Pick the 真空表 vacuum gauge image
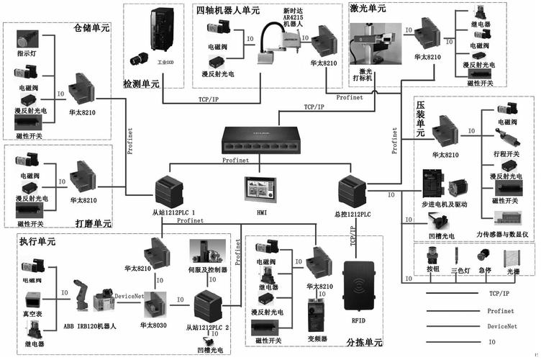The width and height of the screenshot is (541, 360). (x=32, y=299)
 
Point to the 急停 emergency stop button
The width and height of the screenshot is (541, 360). (x=486, y=271)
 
